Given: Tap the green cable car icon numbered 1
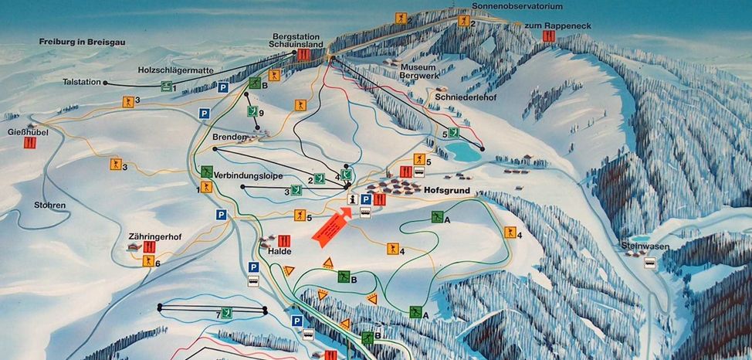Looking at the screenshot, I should pos(165,87).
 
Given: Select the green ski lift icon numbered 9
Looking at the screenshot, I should pos(251,112).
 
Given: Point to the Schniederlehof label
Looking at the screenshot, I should pos(462,98).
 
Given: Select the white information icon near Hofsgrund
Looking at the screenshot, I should pos(353,199).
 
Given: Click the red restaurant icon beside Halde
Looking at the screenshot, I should pos(283,241).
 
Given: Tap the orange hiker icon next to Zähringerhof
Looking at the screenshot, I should pos(147,261).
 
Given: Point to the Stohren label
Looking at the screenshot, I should pos(49,205).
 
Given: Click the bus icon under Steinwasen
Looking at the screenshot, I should pos(651,263).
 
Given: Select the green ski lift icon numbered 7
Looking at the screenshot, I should pos(227,312).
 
